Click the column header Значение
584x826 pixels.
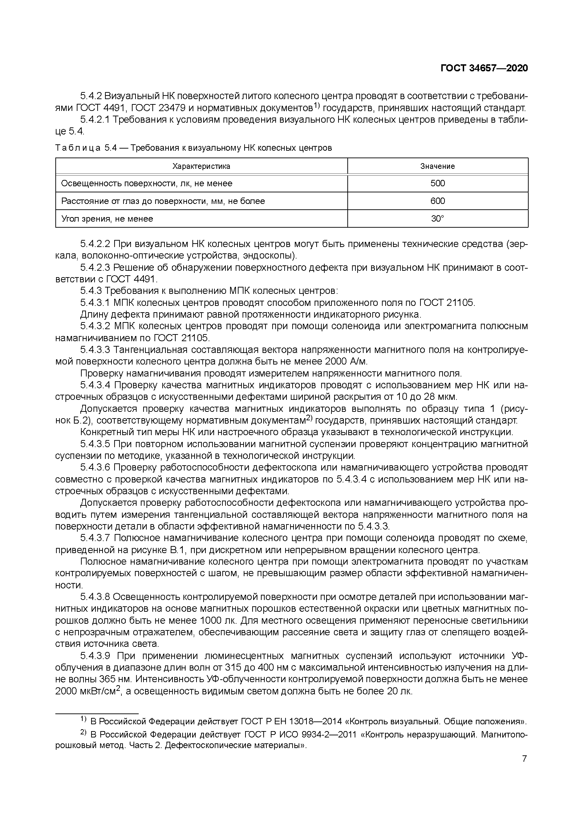438,166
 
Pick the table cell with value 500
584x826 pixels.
438,183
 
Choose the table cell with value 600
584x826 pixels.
438,201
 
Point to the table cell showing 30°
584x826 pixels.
438,219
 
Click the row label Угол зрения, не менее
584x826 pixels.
107,219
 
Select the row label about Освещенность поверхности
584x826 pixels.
147,183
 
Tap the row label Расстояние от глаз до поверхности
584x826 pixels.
163,201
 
